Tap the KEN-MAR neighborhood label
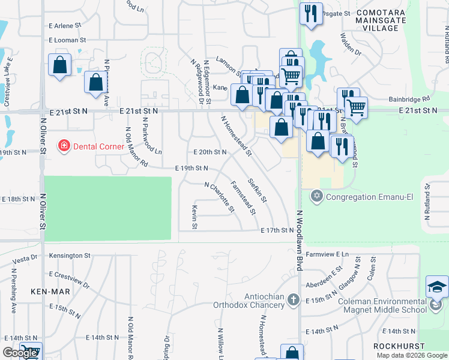[x=50, y=292]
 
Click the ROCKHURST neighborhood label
[x=399, y=346]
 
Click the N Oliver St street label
[x=43, y=143]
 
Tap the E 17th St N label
[x=277, y=230]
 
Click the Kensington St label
[x=70, y=256]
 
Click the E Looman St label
[x=68, y=40]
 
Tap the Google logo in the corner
[x=20, y=353]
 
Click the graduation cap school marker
[x=437, y=287]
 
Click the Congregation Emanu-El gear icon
[x=317, y=196]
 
